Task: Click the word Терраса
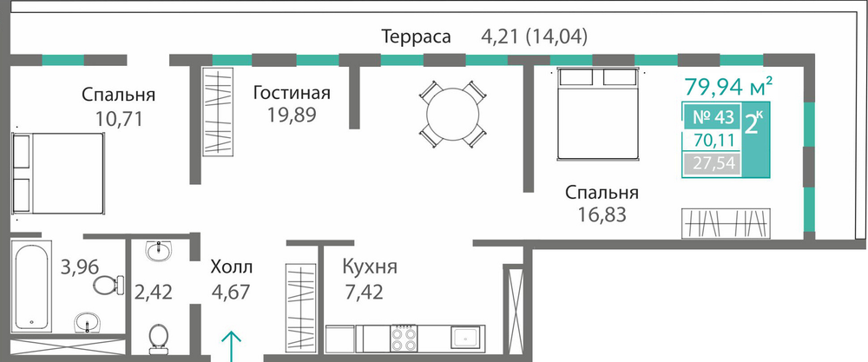[417, 36]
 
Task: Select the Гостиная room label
[292, 93]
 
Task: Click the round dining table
[452, 114]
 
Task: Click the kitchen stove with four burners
[404, 339]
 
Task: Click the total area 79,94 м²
[728, 86]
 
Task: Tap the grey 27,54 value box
[712, 164]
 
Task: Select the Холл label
[232, 267]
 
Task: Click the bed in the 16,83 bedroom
[597, 114]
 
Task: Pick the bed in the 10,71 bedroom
[58, 173]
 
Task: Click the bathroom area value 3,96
[80, 267]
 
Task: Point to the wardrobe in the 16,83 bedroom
[726, 223]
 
